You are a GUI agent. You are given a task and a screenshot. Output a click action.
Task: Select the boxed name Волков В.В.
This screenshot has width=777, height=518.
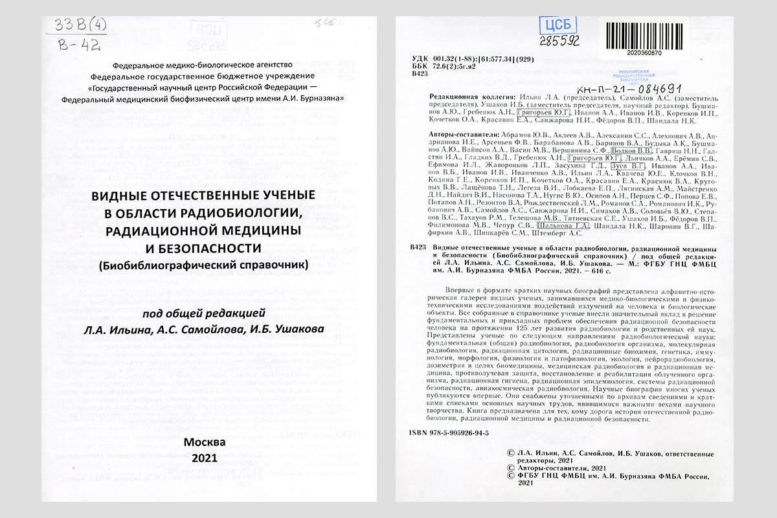tap(630, 149)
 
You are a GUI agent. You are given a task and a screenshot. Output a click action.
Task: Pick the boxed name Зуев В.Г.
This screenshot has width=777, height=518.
tap(627, 166)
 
